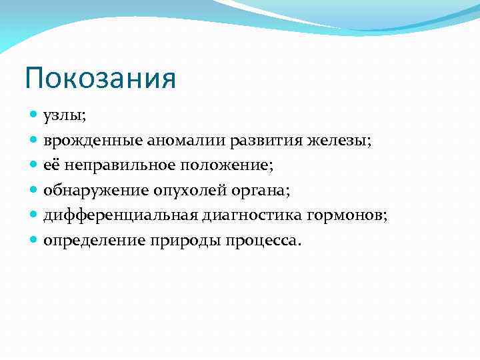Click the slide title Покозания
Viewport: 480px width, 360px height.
click(x=101, y=78)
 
